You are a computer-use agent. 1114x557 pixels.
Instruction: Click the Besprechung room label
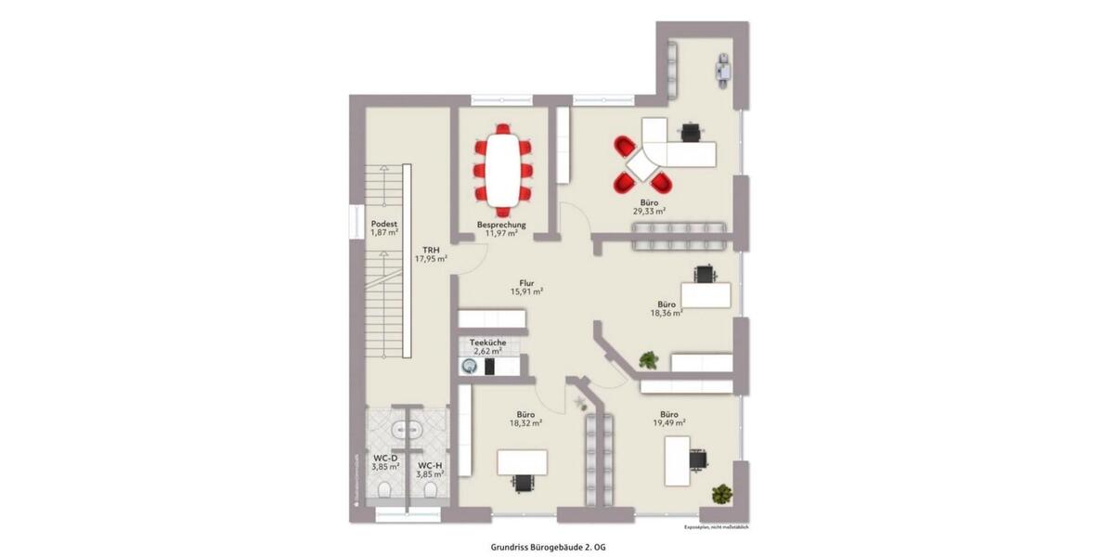pyautogui.click(x=501, y=225)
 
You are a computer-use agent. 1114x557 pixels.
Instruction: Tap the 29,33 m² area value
pyautogui.click(x=649, y=212)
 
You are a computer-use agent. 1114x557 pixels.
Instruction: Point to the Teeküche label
pyautogui.click(x=487, y=342)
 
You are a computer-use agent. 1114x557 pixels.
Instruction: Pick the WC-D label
pyautogui.click(x=386, y=458)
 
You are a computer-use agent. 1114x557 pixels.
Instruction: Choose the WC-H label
pyautogui.click(x=430, y=465)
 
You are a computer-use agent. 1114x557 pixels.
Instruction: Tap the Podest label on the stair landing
pyautogui.click(x=384, y=224)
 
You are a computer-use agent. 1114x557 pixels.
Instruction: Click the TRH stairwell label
pyautogui.click(x=431, y=250)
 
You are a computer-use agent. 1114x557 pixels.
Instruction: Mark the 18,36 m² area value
pyautogui.click(x=667, y=314)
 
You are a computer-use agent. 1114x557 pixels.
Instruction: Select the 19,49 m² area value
pyautogui.click(x=668, y=423)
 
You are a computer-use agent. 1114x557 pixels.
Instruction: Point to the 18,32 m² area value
pyautogui.click(x=525, y=423)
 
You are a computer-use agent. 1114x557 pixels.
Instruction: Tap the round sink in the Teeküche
pyautogui.click(x=467, y=367)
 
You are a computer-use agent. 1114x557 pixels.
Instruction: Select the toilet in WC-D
pyautogui.click(x=385, y=490)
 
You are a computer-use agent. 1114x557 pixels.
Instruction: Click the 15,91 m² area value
pyautogui.click(x=525, y=291)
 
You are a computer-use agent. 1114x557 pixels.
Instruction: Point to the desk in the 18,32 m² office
pyautogui.click(x=522, y=461)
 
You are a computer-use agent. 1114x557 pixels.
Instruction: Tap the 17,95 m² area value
pyautogui.click(x=431, y=260)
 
